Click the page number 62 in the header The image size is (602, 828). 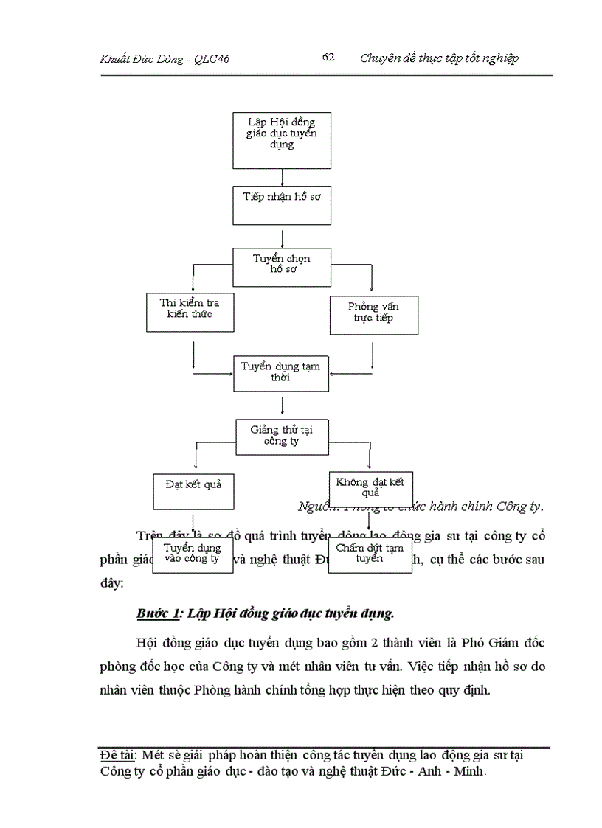tap(329, 58)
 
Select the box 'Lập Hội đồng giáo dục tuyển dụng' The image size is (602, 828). tap(282, 140)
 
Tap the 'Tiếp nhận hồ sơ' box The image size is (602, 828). tap(282, 204)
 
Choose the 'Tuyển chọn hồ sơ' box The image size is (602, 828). tap(282, 266)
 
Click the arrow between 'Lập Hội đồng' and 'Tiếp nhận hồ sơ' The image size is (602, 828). tap(283, 177)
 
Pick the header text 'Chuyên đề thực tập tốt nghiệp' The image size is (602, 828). tap(439, 58)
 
